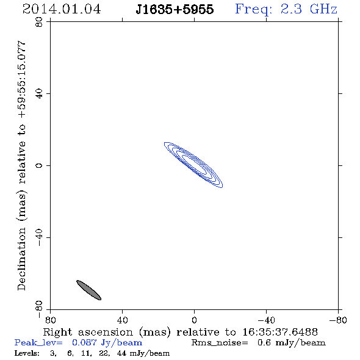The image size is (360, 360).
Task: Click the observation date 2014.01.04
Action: pyautogui.click(x=62, y=9)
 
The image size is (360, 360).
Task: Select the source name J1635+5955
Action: pyautogui.click(x=175, y=9)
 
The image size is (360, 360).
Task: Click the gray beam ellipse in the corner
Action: pyautogui.click(x=88, y=290)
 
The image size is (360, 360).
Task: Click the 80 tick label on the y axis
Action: pyautogui.click(x=39, y=22)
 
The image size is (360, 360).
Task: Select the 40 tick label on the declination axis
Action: pyautogui.click(x=39, y=94)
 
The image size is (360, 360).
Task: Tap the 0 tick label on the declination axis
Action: pyautogui.click(x=39, y=165)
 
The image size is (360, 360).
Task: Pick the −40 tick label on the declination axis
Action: pyautogui.click(x=39, y=237)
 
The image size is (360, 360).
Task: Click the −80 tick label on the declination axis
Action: pyautogui.click(x=39, y=309)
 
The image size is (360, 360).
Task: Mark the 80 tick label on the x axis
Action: pyautogui.click(x=50, y=320)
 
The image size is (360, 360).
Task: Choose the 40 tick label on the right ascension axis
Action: pyautogui.click(x=122, y=320)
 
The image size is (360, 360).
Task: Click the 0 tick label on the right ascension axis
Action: pyautogui.click(x=194, y=320)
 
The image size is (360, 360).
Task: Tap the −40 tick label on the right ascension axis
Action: pyautogui.click(x=266, y=320)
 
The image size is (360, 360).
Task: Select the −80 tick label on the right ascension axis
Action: pyautogui.click(x=338, y=320)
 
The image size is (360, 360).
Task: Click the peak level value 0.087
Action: pyautogui.click(x=84, y=342)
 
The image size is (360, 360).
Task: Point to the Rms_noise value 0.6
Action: pyautogui.click(x=264, y=342)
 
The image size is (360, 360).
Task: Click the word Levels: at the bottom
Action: pyautogui.click(x=27, y=353)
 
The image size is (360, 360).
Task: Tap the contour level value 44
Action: pyautogui.click(x=121, y=353)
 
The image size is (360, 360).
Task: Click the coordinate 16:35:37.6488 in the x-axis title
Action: pyautogui.click(x=280, y=332)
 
